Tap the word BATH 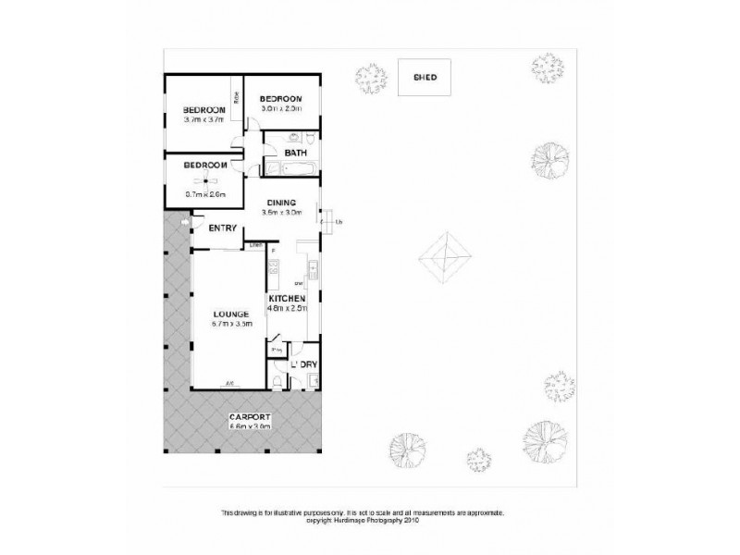[296, 153]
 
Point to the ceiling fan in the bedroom [204, 180]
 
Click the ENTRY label [223, 228]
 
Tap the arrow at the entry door [186, 223]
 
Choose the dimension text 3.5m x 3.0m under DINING [281, 212]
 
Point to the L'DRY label [305, 364]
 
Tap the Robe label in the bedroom [238, 96]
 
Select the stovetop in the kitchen [273, 270]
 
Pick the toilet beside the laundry [279, 382]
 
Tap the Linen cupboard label [253, 245]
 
